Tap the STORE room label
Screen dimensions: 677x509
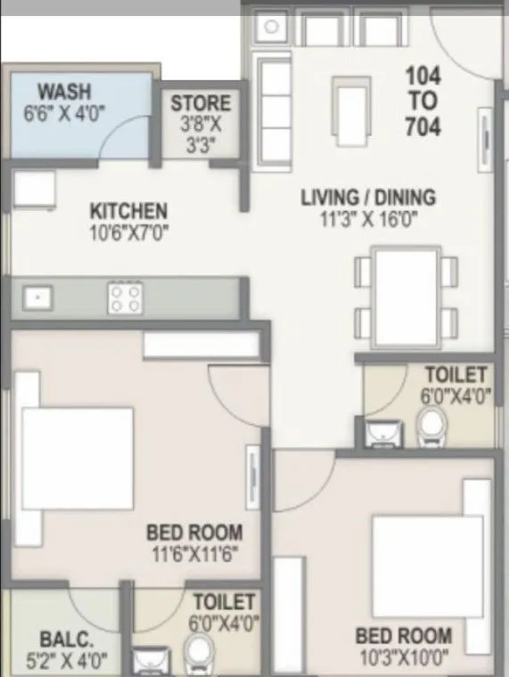[x=201, y=103]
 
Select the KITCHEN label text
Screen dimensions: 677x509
[x=128, y=212]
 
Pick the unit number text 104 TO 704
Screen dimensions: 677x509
[x=423, y=102]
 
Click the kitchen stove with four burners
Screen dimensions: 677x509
[x=125, y=298]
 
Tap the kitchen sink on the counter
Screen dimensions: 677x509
[x=37, y=297]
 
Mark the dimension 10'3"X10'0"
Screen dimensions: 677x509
[x=403, y=659]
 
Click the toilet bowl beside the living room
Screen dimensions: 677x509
[x=434, y=427]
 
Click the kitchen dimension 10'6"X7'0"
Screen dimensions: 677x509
[x=128, y=233]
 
